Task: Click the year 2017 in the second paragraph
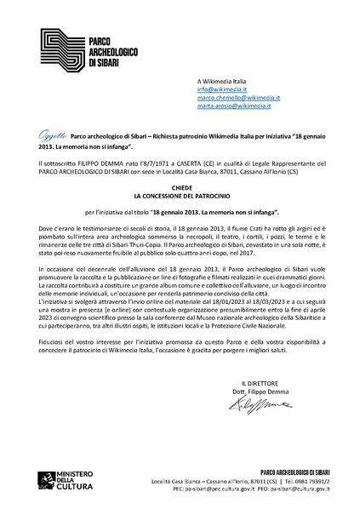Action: coord(249,252)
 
